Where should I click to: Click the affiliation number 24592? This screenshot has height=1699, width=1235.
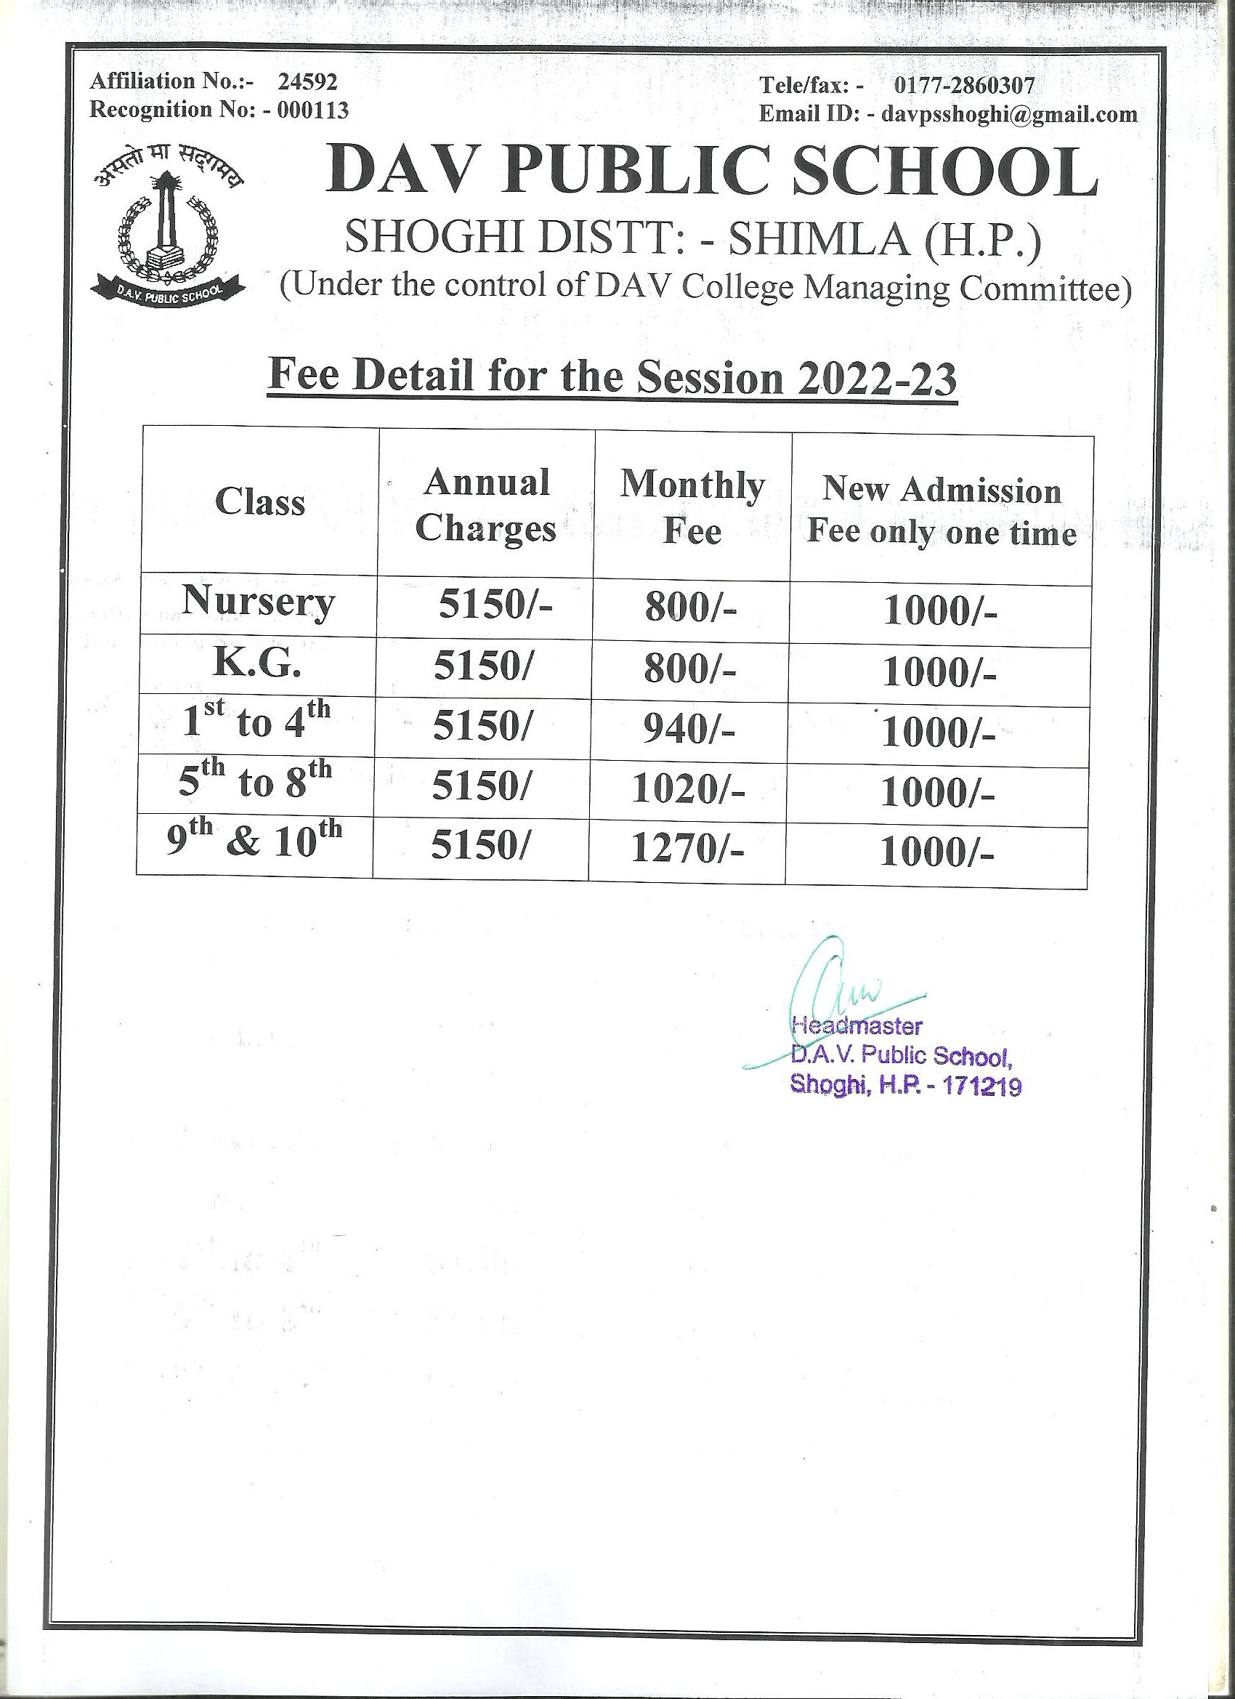307,81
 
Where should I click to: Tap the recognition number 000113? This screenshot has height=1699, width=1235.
313,110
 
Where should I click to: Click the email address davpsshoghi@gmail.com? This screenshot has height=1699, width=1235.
1010,114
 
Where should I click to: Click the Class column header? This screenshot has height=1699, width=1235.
260,501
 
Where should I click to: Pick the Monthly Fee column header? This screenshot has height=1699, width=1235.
692,508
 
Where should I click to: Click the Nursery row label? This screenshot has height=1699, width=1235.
259,602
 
